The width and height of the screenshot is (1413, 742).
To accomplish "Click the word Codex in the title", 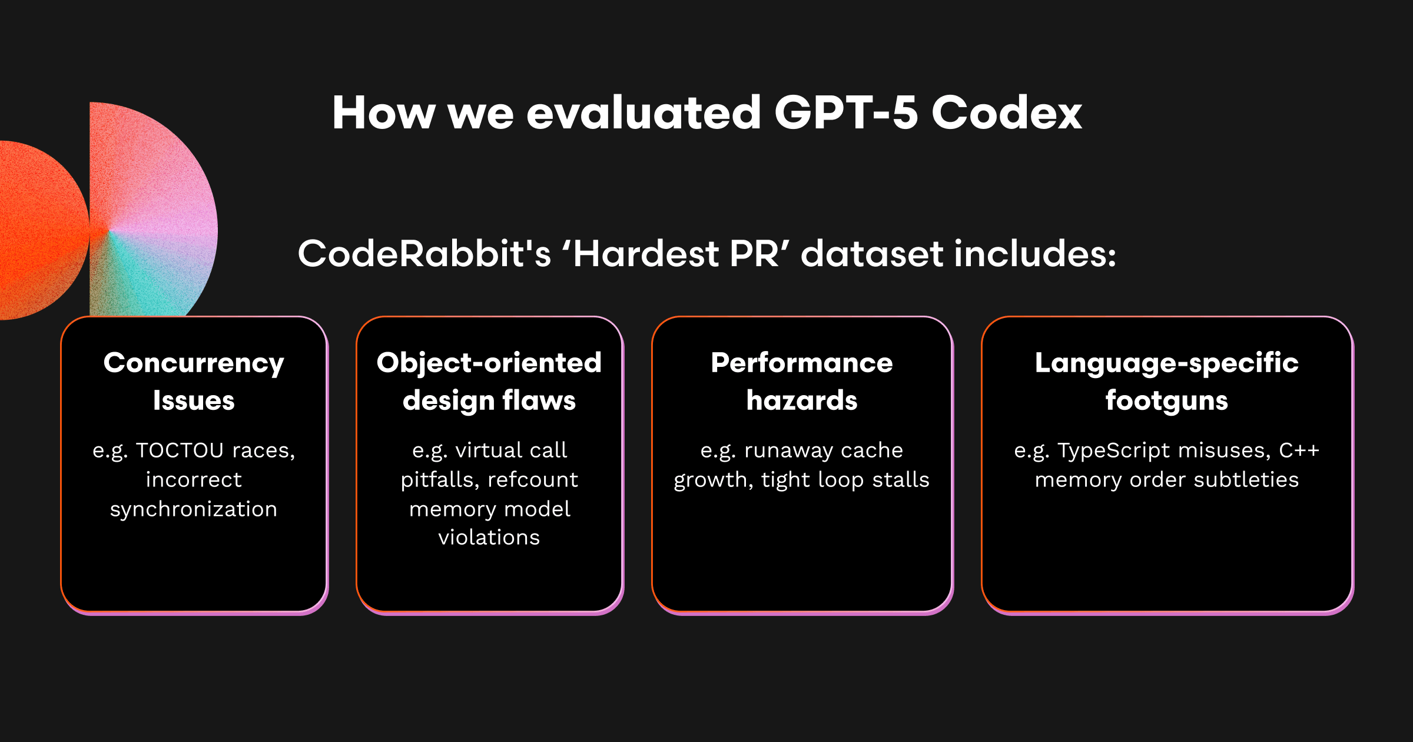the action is pyautogui.click(x=1007, y=112).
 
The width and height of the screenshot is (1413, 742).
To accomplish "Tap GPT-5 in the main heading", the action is pyautogui.click(x=846, y=112).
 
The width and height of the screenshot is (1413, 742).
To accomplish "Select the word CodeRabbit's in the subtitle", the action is pyautogui.click(x=424, y=254).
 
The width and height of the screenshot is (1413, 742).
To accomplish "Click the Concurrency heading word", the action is pyautogui.click(x=194, y=363).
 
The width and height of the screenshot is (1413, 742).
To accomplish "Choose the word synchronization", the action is pyautogui.click(x=194, y=509).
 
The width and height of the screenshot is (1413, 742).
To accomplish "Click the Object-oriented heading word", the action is pyautogui.click(x=489, y=363).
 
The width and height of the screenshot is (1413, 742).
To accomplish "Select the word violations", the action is pyautogui.click(x=489, y=538).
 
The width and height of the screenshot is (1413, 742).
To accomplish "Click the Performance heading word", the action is pyautogui.click(x=802, y=363).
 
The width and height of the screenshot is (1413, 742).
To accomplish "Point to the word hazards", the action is pyautogui.click(x=802, y=400).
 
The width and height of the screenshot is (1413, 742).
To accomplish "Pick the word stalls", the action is pyautogui.click(x=901, y=480).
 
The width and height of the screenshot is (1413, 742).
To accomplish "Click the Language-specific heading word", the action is pyautogui.click(x=1167, y=363).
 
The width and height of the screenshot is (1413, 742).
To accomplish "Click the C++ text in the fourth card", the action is pyautogui.click(x=1299, y=450).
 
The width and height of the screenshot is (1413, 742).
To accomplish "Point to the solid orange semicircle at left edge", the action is pyautogui.click(x=41, y=230).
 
